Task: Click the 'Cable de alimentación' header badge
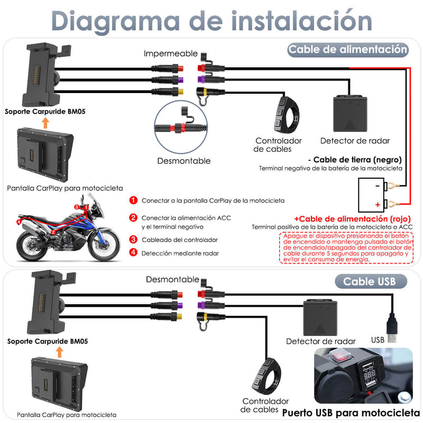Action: tap(348, 50)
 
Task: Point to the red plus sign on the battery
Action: tap(378, 204)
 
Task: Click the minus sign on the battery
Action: tap(377, 186)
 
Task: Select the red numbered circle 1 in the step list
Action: tap(133, 200)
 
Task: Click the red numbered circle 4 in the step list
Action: tap(133, 253)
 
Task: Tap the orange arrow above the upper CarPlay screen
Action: tap(46, 123)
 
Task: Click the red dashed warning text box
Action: tap(347, 248)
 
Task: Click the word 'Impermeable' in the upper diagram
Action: tap(171, 54)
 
